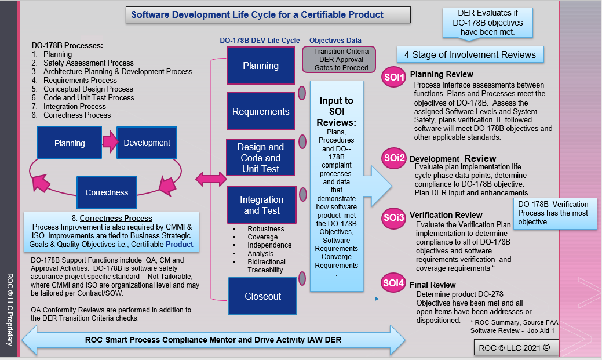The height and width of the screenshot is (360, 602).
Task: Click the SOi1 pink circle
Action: (x=394, y=78)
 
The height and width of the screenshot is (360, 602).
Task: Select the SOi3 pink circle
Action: (x=394, y=219)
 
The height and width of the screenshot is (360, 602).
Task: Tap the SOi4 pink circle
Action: (x=394, y=283)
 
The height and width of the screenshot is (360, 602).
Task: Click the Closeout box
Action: (x=262, y=296)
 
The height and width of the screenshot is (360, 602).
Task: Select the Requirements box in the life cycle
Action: (x=261, y=111)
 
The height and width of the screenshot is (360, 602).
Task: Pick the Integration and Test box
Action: (x=261, y=205)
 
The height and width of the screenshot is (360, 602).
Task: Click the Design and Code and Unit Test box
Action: (x=261, y=158)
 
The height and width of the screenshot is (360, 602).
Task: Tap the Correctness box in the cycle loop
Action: (x=107, y=192)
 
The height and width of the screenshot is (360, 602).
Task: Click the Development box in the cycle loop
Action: (x=147, y=143)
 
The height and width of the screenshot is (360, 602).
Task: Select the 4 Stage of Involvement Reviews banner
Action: (x=470, y=55)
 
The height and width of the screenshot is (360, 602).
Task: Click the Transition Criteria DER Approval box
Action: (x=341, y=59)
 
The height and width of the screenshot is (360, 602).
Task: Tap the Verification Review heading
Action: (x=446, y=215)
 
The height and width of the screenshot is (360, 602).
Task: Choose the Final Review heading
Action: (x=432, y=285)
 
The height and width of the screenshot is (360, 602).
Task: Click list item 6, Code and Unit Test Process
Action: (x=89, y=97)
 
